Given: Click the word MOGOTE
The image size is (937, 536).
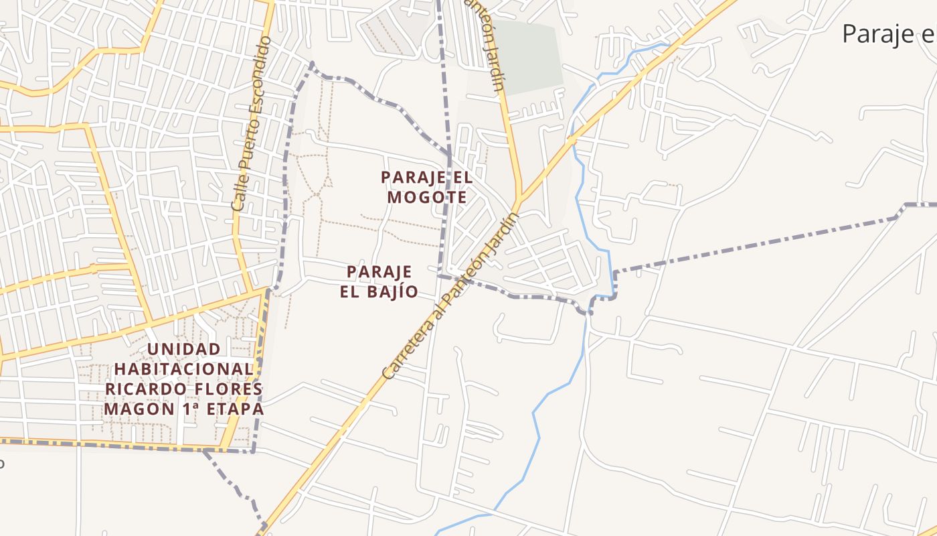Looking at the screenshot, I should [426, 198].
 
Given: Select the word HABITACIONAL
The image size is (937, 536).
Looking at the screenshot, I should [183, 369].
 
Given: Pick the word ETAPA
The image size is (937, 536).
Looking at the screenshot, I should [234, 409].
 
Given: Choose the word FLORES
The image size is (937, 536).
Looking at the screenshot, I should [226, 389].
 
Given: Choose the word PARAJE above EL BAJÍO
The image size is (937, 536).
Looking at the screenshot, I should [379, 272].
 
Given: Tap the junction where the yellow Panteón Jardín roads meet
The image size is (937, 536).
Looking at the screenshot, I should [519, 199].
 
